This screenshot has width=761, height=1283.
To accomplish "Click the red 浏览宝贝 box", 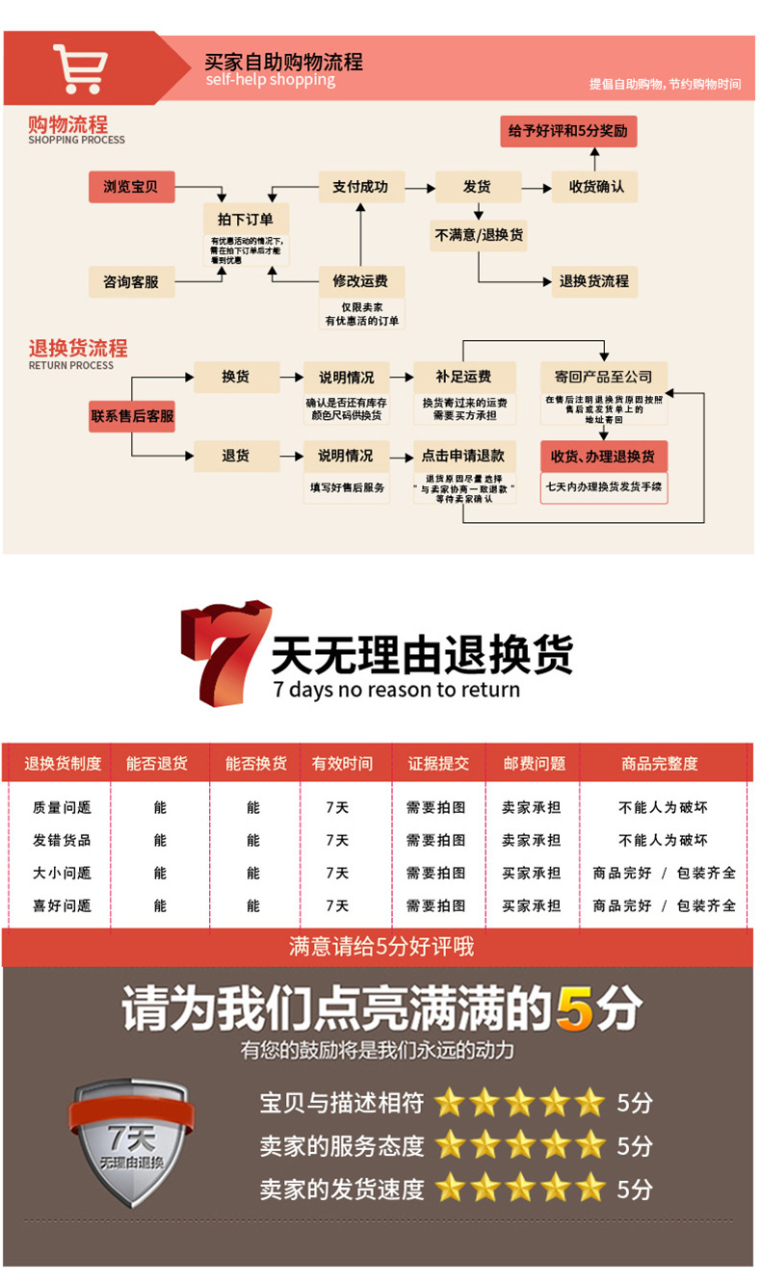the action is click(131, 187).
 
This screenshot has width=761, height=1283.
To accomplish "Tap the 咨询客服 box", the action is click(131, 282).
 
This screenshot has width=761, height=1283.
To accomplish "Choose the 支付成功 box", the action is click(360, 187).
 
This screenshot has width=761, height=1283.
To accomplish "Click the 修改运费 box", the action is click(360, 282).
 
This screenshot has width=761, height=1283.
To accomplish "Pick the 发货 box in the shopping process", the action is click(477, 187).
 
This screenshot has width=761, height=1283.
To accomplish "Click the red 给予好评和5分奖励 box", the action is click(568, 130).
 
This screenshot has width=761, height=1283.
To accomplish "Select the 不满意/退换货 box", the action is click(479, 235).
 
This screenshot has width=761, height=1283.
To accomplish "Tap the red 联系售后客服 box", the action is click(132, 416).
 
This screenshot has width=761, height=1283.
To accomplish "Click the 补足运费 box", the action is click(463, 377).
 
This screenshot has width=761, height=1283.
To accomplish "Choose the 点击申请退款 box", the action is click(463, 456).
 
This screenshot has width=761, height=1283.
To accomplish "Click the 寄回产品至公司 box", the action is click(603, 377).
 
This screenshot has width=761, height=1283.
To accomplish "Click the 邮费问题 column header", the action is click(534, 764).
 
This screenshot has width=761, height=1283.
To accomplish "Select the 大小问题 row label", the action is click(62, 873).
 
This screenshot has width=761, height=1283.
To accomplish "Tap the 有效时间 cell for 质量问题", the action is click(337, 807).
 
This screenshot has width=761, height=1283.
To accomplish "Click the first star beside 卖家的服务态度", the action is click(449, 1145).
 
